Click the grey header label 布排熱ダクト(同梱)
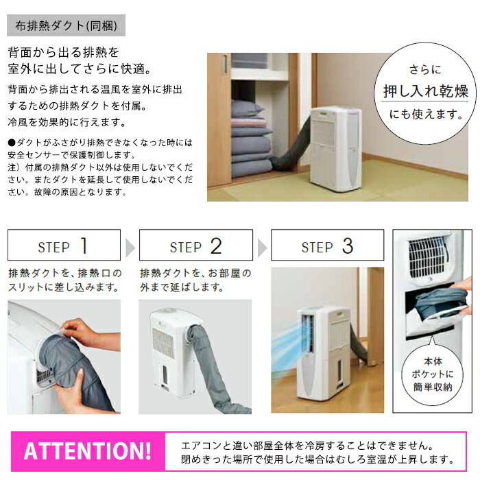66,27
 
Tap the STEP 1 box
64,245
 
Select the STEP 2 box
195,245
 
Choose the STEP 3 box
327,245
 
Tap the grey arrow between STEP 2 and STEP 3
261,245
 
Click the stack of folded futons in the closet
250,141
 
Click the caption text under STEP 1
64,279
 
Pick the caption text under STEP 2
195,279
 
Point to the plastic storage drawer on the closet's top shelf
250,62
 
